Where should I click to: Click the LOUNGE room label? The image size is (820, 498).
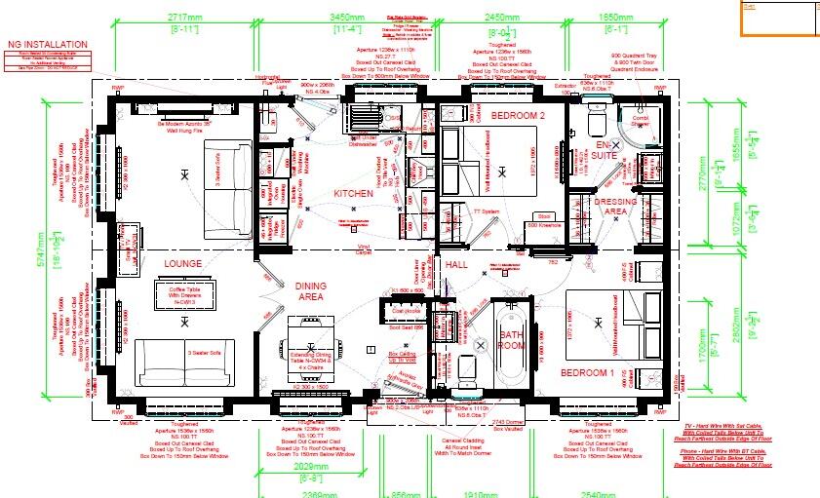pyautogui.click(x=182, y=264)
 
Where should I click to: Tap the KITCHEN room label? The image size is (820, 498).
pyautogui.click(x=354, y=194)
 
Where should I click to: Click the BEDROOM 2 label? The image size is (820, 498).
pyautogui.click(x=517, y=115)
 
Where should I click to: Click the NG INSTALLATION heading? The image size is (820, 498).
pyautogui.click(x=47, y=45)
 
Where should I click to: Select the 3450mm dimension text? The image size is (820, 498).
pyautogui.click(x=369, y=19)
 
